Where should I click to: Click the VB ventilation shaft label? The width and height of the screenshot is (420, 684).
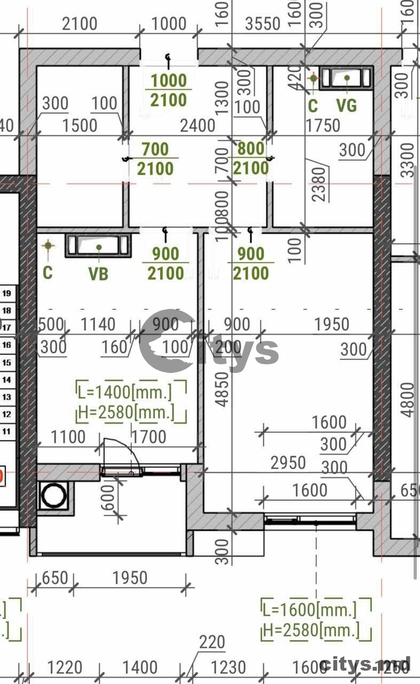98,274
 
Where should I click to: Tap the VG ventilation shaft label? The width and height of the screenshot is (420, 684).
346,105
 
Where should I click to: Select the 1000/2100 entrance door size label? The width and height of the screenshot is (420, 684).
169,90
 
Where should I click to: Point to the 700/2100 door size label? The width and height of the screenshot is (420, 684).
155,159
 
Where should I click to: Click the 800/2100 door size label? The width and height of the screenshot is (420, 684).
251,159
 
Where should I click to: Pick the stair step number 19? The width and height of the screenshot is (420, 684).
7,293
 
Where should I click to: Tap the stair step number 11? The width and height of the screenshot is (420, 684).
7,431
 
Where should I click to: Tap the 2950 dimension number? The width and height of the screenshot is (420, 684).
288,463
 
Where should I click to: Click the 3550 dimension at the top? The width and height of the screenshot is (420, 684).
263,24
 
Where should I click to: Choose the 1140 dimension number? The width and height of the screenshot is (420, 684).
97,324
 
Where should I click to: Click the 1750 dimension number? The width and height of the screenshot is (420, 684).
322,125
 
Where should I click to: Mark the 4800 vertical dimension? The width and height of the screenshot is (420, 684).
408,400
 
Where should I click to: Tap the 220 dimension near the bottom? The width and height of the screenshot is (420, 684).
212,642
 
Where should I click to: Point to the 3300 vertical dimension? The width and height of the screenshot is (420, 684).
408,159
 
